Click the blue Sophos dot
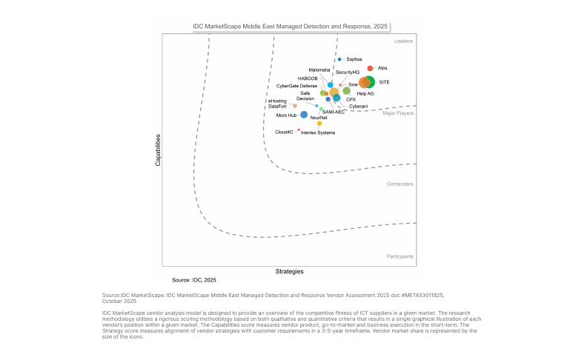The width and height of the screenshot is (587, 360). (x=339, y=59)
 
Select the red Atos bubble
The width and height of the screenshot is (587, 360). (x=371, y=68)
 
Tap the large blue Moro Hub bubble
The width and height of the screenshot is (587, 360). (x=304, y=115)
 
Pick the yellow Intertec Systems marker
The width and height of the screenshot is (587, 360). (x=319, y=124)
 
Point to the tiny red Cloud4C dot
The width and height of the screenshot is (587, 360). (x=299, y=130)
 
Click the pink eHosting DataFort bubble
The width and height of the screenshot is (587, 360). (x=294, y=106)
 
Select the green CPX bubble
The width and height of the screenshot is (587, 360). (x=336, y=98)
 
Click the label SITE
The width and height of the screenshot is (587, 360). (x=384, y=82)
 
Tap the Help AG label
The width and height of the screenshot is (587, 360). (x=365, y=94)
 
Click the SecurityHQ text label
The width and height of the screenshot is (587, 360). (x=348, y=72)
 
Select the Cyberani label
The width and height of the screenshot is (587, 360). (x=358, y=107)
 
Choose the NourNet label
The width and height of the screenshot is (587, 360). (x=319, y=118)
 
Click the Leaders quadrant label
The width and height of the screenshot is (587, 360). (x=403, y=41)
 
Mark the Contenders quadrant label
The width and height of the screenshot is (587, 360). (x=400, y=184)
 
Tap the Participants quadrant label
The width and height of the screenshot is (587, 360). (x=400, y=256)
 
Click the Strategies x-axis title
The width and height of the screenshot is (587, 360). (x=290, y=272)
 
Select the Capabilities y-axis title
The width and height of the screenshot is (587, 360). (x=158, y=149)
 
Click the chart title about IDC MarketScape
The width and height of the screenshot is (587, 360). (x=291, y=26)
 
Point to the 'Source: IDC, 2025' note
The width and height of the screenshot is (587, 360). (x=194, y=281)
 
